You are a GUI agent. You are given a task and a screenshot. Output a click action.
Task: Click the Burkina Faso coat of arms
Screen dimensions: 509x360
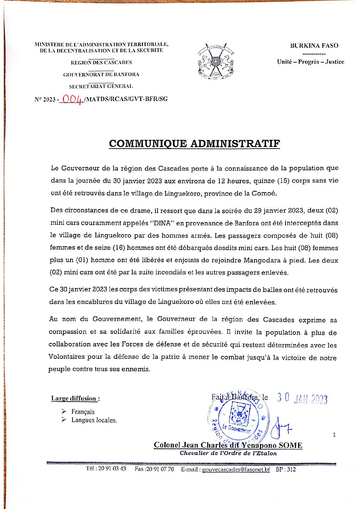[x=216, y=62]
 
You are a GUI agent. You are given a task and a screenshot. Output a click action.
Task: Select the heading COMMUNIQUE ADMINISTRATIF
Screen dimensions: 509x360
[x=194, y=143]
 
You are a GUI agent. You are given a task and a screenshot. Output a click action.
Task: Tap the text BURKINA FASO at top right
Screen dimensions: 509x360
[x=314, y=46]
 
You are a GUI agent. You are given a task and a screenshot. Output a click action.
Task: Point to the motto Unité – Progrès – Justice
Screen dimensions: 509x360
[x=310, y=62]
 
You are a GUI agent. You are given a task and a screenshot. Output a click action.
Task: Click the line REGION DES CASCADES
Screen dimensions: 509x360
[x=101, y=63]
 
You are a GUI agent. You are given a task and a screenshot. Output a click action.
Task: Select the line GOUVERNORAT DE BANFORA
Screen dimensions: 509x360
[x=101, y=74]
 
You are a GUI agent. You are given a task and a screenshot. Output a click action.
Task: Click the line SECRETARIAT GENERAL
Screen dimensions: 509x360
[x=101, y=86]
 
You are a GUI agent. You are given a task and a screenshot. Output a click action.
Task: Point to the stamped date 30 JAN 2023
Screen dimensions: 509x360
[x=302, y=398]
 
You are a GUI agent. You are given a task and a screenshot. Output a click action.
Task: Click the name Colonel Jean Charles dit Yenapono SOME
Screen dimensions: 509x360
[x=228, y=445]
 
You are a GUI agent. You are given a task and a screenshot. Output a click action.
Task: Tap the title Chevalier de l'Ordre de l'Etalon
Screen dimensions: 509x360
[x=228, y=453]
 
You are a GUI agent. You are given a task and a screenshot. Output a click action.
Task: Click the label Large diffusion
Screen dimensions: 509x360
[x=75, y=398]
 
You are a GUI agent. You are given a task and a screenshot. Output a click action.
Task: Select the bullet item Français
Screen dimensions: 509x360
[x=83, y=412]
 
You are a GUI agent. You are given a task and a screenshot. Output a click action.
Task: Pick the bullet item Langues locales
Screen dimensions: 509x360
[x=94, y=420]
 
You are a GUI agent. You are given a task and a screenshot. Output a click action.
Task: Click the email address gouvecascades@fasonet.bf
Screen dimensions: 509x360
[x=236, y=470]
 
